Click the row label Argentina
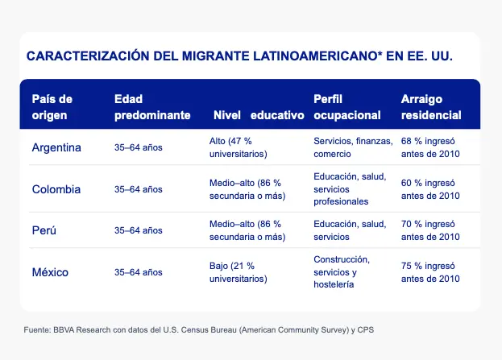pos(56,147)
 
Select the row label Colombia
pos(56,189)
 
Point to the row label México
pos(50,272)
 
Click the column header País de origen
pos(52,106)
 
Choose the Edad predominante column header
pos(152,106)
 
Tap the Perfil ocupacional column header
pos(346,106)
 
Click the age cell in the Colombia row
pos(139,189)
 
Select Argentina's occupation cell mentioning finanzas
pos(351,147)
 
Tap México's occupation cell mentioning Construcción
pos(342,272)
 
